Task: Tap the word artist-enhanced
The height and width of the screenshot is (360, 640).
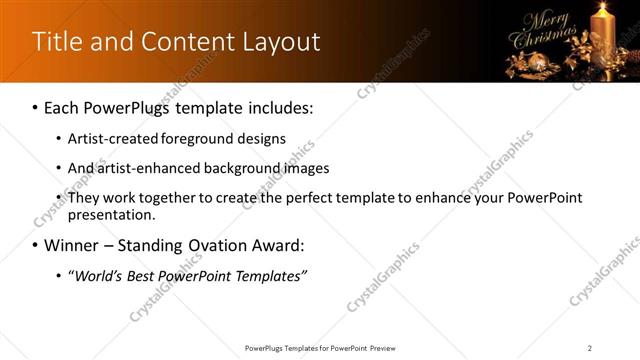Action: tap(144, 169)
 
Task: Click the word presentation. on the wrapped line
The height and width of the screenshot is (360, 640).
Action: tap(113, 214)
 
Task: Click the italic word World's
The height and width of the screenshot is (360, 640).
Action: tap(98, 275)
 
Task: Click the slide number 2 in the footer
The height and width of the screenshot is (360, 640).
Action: tap(590, 348)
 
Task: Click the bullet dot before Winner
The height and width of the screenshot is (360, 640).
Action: tap(35, 246)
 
